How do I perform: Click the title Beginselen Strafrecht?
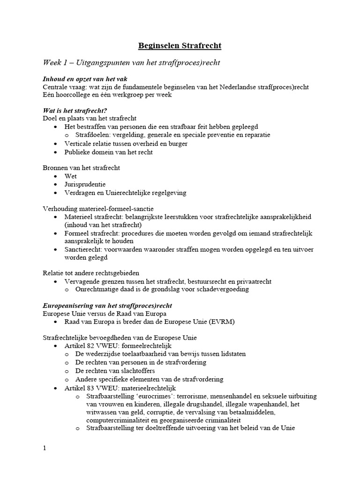coord(180,45)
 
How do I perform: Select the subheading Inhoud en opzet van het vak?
coord(85,79)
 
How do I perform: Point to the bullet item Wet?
coord(71,176)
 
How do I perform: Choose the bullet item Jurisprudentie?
coord(85,184)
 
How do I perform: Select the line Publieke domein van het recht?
coord(108,152)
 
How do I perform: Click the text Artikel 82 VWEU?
coord(91,345)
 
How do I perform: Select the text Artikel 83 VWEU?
coord(91,388)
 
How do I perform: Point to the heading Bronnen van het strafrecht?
coord(85,167)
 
